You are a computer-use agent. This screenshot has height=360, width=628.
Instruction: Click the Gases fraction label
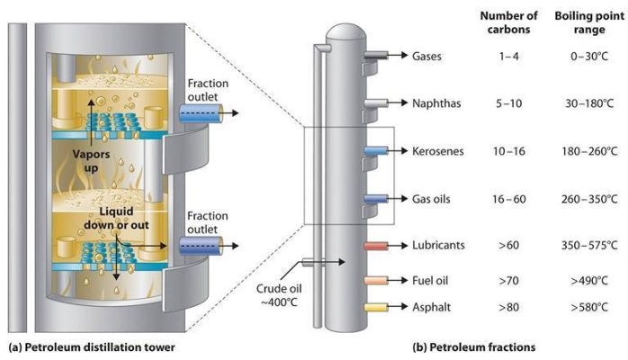(x=427, y=56)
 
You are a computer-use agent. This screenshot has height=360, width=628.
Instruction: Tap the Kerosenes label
(x=437, y=150)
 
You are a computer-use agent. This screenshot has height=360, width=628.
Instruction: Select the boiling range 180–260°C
(x=587, y=150)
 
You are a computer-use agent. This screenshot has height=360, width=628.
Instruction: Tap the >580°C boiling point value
(x=587, y=308)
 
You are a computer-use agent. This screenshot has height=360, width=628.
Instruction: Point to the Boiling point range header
(x=587, y=22)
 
